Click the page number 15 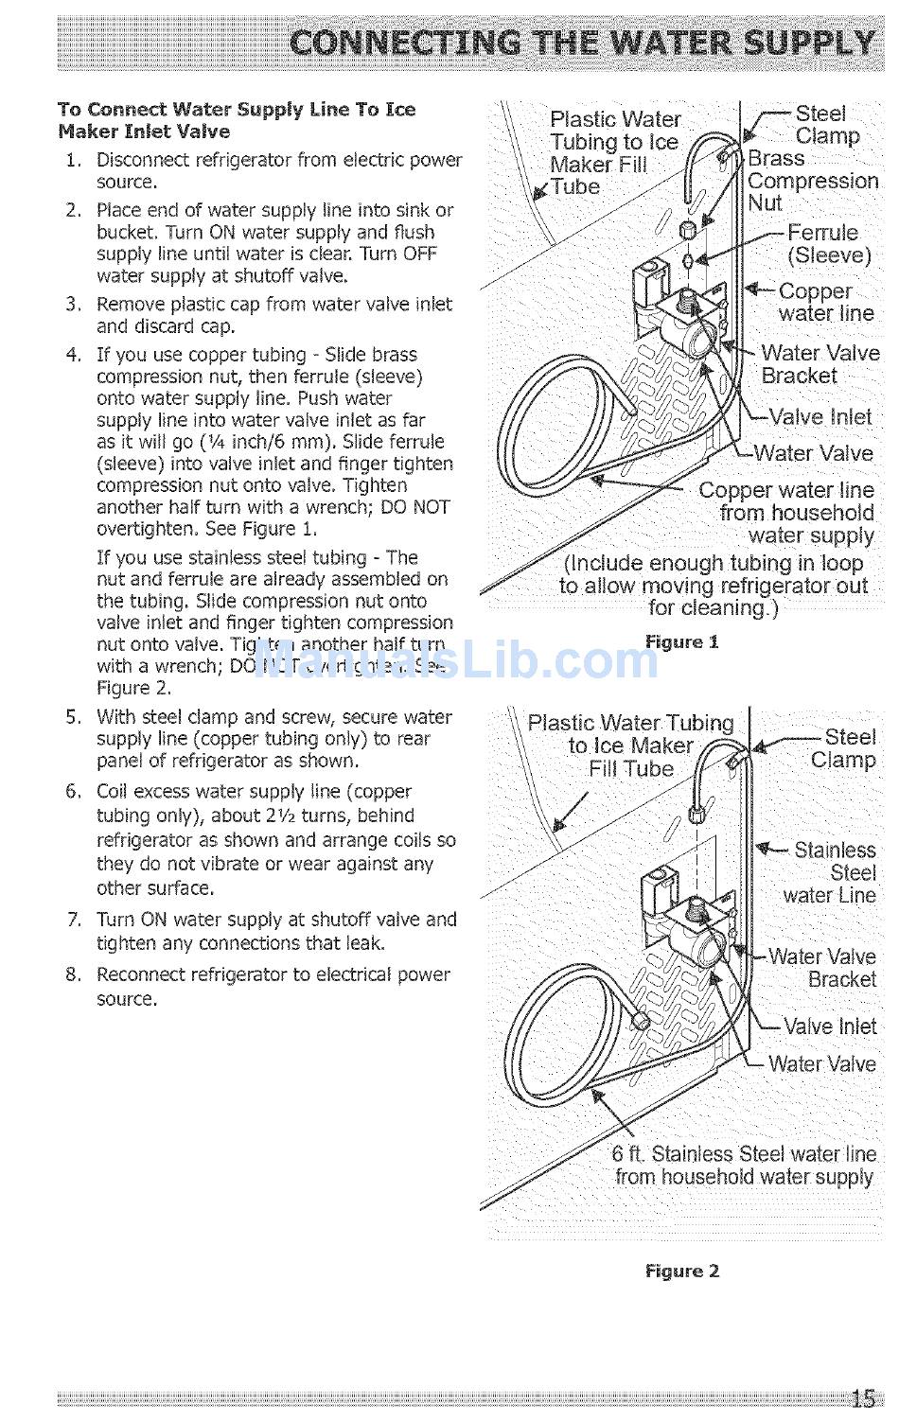point(862,1398)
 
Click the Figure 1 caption point(681,642)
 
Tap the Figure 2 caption point(681,1271)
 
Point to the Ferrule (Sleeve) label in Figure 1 point(827,244)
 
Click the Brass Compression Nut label point(811,181)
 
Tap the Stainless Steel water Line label point(832,872)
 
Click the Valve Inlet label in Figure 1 point(820,417)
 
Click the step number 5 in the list point(73,717)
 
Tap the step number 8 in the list point(73,974)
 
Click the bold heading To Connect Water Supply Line point(237,120)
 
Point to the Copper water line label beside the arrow point(825,303)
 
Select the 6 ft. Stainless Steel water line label point(744,1166)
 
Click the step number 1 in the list point(73,160)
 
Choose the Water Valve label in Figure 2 point(821,1064)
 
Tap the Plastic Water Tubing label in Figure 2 point(630,746)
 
